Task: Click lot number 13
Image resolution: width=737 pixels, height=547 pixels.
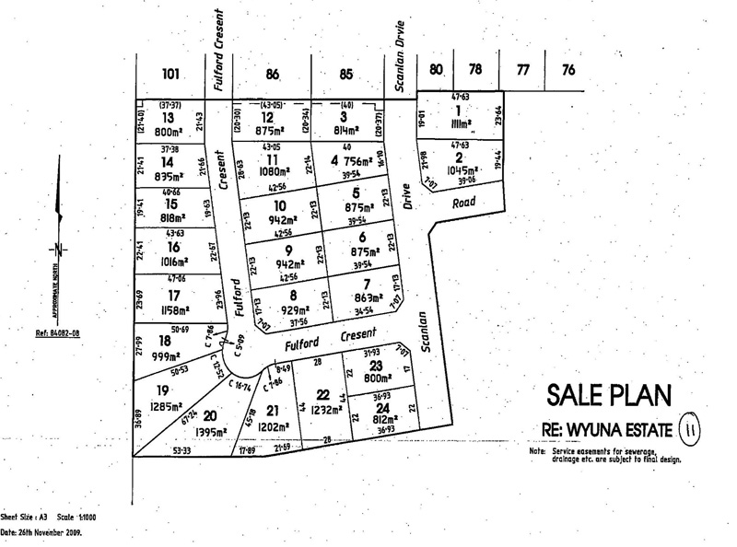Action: [168, 118]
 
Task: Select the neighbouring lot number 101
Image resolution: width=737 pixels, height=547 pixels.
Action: [170, 75]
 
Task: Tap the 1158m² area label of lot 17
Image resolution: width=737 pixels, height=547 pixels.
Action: [170, 310]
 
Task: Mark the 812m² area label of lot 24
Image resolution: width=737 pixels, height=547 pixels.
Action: [380, 420]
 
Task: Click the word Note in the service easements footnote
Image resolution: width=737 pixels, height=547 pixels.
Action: [537, 452]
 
